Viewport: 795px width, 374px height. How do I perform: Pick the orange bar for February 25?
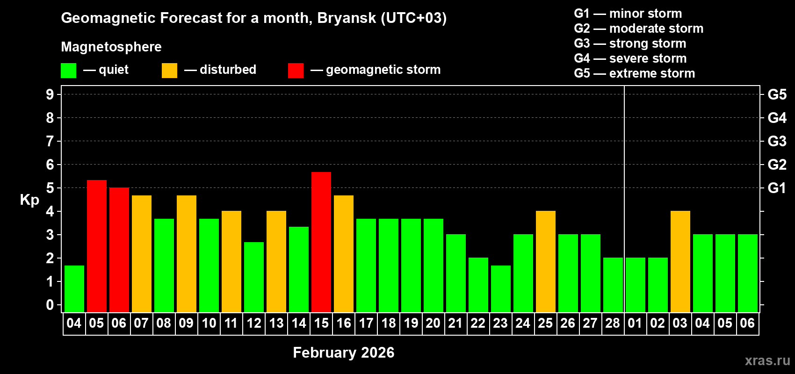point(546,261)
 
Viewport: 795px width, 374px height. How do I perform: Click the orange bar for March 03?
point(680,261)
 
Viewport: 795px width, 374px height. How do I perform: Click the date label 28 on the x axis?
point(613,324)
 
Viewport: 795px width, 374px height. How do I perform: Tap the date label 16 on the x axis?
point(344,324)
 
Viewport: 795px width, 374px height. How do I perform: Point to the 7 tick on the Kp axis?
point(50,141)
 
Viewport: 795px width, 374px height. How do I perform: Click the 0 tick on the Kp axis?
point(50,305)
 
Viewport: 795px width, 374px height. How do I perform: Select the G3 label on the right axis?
point(777,141)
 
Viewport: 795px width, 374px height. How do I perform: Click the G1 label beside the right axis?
point(777,188)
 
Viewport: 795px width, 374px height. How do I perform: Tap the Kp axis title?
point(29,200)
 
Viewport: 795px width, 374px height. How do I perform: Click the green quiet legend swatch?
point(69,71)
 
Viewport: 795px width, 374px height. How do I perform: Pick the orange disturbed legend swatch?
point(169,71)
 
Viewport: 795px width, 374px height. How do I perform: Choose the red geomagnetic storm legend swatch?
point(296,71)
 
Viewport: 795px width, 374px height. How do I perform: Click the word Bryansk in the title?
point(347,18)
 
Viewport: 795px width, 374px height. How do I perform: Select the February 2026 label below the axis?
point(344,352)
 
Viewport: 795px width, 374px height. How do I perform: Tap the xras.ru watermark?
point(767,360)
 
